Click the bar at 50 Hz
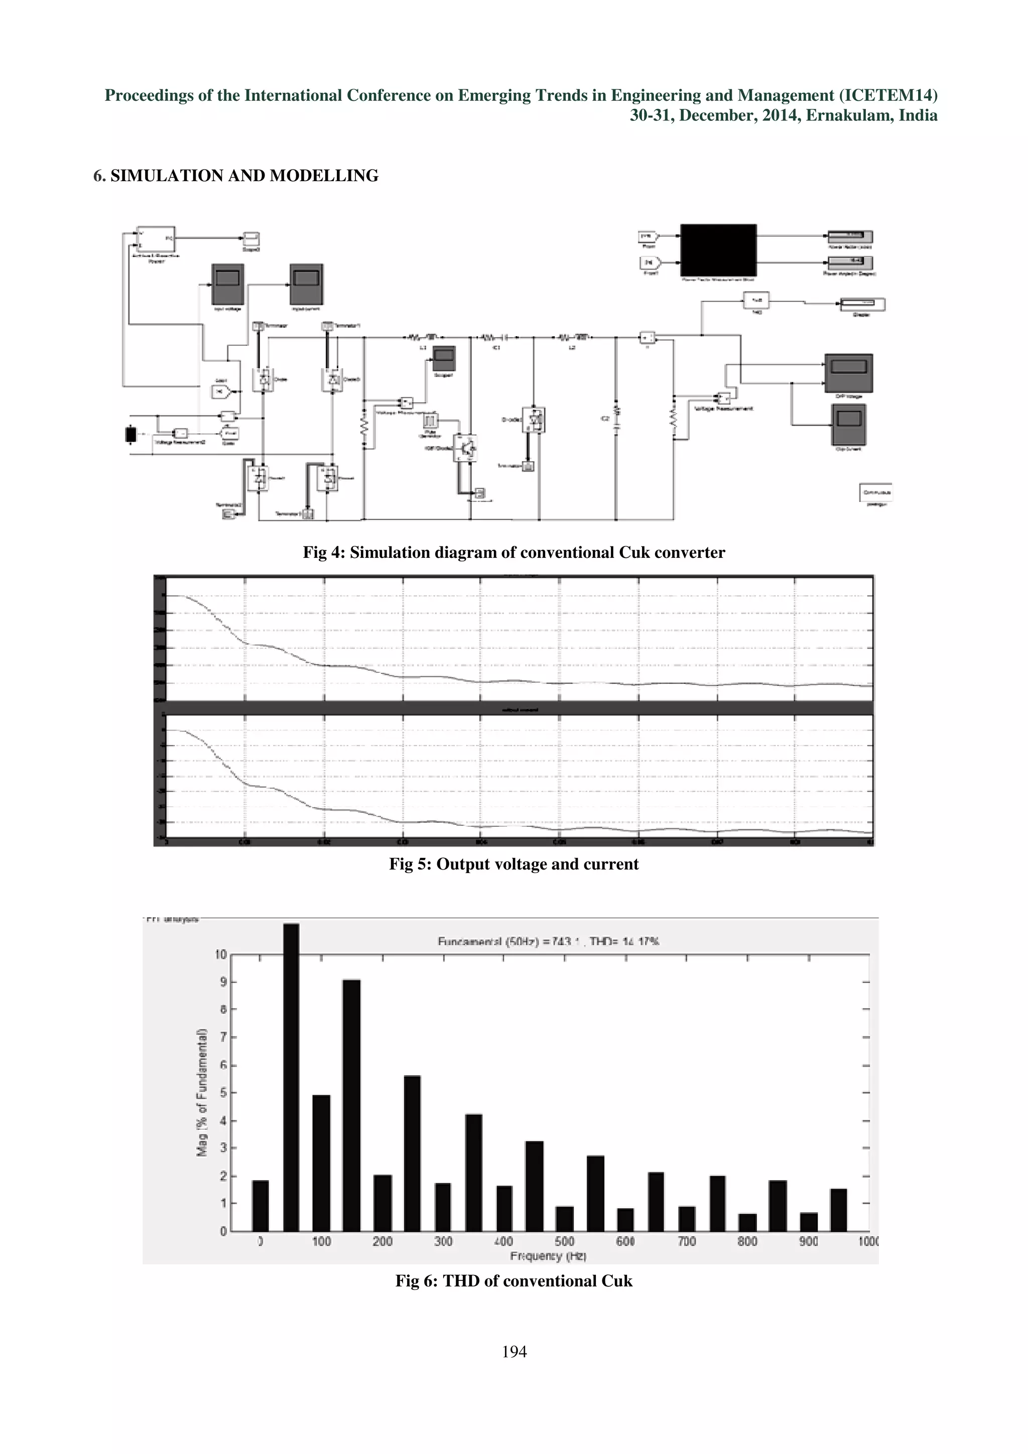click(291, 1077)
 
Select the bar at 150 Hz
click(351, 1105)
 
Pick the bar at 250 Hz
click(412, 1152)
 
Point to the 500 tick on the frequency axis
click(564, 1241)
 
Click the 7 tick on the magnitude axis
click(222, 1037)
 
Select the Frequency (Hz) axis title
click(548, 1256)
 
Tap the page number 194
click(513, 1352)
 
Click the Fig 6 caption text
click(513, 1280)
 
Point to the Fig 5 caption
click(513, 864)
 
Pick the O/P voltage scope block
click(848, 372)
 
